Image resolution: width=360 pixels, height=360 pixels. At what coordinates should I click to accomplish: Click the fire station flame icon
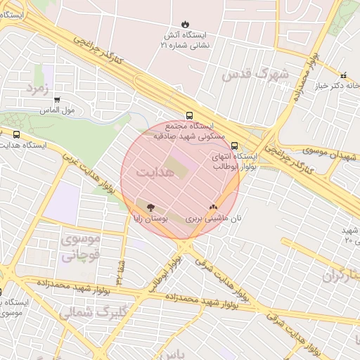[185, 23]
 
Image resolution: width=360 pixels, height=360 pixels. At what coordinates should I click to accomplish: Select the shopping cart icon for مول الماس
[57, 100]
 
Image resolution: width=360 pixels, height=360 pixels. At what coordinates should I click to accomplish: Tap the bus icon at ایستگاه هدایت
[16, 134]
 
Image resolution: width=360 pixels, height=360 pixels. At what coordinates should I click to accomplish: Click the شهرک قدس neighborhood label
[255, 74]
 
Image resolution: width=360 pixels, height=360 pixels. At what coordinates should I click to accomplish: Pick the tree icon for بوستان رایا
[149, 207]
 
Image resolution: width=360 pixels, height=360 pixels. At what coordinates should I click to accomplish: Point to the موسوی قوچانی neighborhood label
[82, 247]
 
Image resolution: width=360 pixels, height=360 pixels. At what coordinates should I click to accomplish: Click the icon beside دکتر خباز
[343, 75]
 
